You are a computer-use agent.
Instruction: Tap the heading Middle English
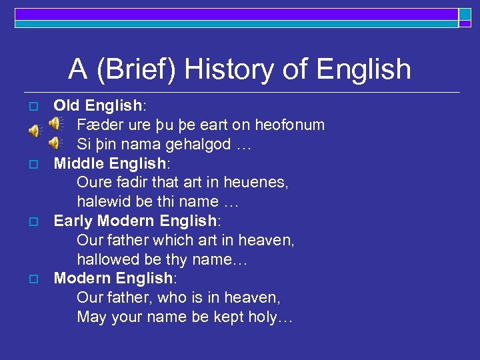click(108, 163)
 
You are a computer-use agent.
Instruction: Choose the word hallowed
click(108, 259)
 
